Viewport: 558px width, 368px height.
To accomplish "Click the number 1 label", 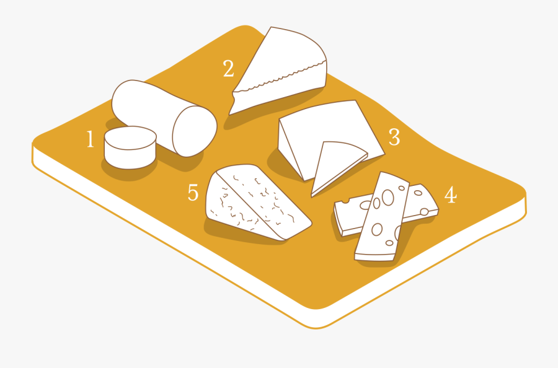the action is pos(91,139).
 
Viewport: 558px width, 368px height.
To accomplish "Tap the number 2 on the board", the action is pos(228,68).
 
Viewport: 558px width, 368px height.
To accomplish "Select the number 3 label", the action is pos(394,137).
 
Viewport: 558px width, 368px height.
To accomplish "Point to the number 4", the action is pos(451,195).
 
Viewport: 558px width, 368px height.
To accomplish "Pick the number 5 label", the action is pos(193,193).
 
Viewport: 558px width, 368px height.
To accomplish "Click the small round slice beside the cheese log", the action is pos(130,147).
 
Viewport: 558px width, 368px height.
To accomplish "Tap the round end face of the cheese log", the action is pos(195,131).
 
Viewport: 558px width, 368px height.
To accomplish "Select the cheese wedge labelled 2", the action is pos(280,71).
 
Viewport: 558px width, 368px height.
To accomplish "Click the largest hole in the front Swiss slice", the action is pos(387,197).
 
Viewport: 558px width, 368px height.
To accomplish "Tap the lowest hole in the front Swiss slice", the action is pos(389,243).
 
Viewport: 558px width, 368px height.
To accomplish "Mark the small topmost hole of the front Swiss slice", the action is pos(402,188).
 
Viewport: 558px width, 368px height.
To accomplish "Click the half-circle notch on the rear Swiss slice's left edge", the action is pos(345,201).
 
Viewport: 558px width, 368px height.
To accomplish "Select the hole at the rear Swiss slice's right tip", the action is pos(424,212).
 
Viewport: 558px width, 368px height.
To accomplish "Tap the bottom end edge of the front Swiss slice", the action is pos(374,257).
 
